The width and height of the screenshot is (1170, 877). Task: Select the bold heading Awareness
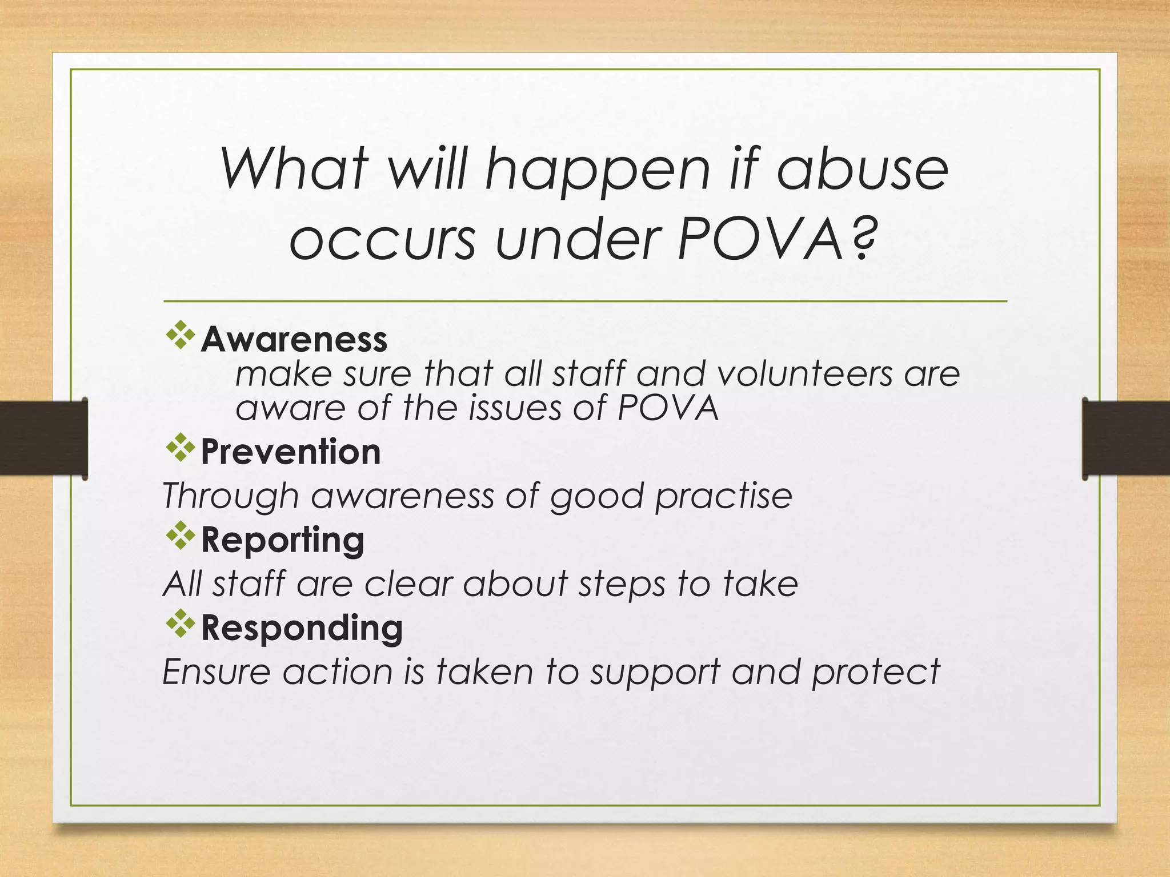[294, 340]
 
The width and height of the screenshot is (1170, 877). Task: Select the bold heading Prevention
[291, 452]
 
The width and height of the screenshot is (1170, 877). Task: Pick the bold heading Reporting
[283, 540]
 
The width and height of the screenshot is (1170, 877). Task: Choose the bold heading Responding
[302, 628]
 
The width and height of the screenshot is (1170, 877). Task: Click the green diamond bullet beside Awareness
[181, 335]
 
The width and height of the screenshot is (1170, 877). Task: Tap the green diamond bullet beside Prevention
[181, 448]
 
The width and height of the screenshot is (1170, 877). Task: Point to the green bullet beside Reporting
[181, 536]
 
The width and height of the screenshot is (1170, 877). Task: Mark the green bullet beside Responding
[181, 624]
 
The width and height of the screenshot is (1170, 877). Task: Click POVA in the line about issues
[668, 408]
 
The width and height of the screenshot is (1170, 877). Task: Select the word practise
[724, 496]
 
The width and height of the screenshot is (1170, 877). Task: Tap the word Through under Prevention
[230, 496]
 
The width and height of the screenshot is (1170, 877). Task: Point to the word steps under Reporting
[622, 585]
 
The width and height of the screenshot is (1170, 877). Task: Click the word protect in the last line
[876, 672]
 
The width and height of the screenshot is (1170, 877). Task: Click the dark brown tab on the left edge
[43, 438]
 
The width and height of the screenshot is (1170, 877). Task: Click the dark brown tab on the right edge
[1125, 438]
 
